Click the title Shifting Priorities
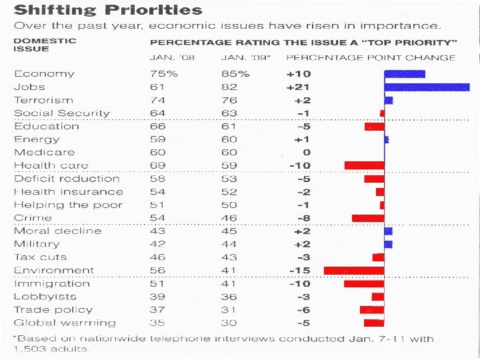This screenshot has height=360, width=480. tap(109, 10)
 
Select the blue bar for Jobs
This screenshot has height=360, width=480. tap(427, 87)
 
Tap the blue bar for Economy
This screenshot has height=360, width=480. tap(405, 74)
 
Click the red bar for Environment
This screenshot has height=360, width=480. tap(354, 270)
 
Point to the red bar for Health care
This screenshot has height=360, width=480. tap(364, 165)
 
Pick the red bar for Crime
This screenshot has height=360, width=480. tap(368, 218)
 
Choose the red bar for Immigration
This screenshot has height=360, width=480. tap(364, 283)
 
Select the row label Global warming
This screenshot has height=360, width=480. tap(65, 323)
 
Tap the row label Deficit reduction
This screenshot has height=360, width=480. tap(67, 179)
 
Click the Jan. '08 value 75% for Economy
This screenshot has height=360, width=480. tap(164, 74)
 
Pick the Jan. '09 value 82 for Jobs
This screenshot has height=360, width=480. tap(230, 87)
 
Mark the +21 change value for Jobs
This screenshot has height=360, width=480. tap(299, 87)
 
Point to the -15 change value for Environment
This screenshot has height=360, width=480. tap(299, 270)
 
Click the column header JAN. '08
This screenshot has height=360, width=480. tap(171, 57)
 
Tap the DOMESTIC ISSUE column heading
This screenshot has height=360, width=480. tap(45, 45)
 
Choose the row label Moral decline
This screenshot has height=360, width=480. tap(58, 231)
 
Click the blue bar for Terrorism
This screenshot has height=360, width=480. tap(389, 100)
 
